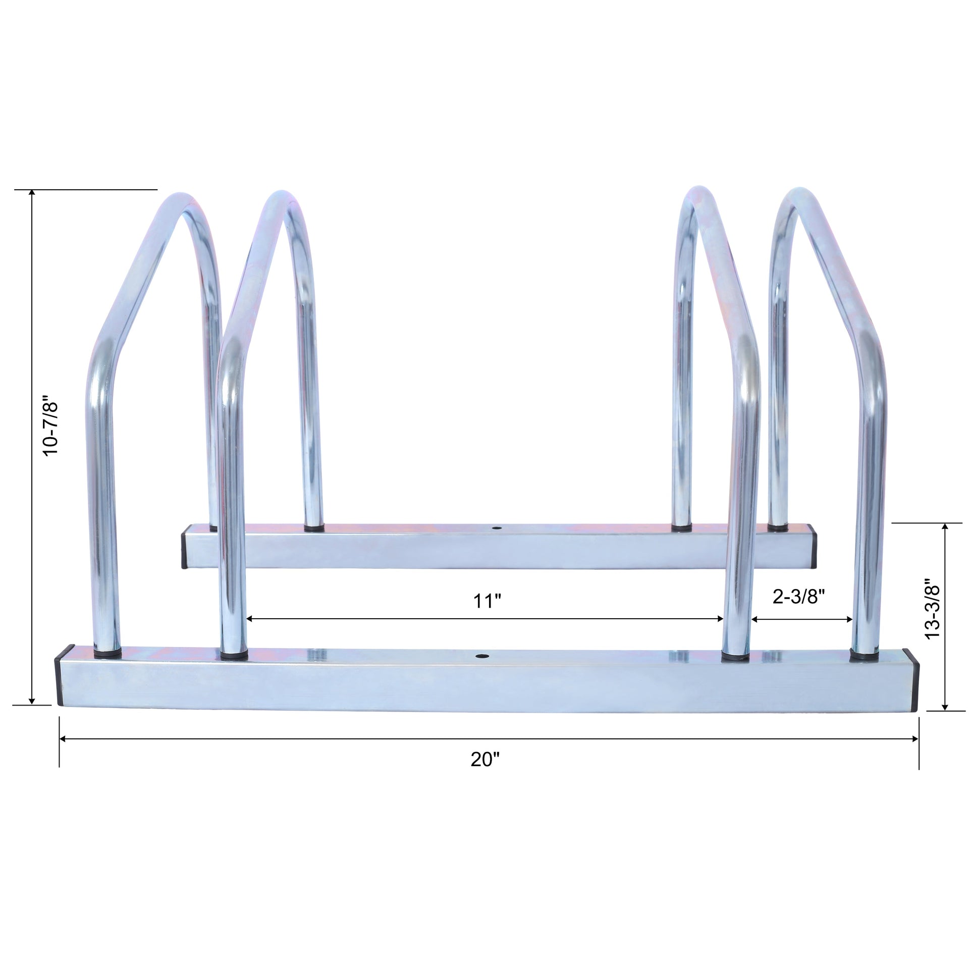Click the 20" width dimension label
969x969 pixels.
point(485,759)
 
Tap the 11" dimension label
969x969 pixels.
point(487,602)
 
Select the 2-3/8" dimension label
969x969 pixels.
point(799,597)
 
